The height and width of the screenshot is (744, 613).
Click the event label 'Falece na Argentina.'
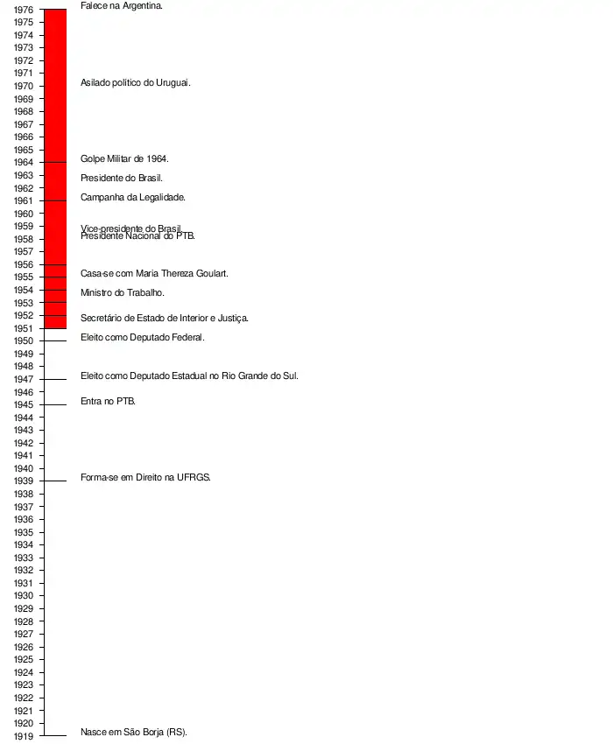point(121,5)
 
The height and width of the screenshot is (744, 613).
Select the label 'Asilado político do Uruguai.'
point(135,82)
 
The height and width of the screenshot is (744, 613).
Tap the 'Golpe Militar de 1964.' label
point(124,158)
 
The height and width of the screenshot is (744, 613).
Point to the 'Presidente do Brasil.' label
point(122,178)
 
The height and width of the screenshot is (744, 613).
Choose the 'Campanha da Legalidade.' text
point(133,197)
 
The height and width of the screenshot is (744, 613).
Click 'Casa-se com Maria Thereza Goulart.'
point(154,273)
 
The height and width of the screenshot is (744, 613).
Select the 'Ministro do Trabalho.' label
point(123,292)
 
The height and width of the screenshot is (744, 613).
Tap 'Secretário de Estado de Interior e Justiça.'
point(165,318)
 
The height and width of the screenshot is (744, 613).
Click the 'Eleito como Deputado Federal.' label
point(143,337)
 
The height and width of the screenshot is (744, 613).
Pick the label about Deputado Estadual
point(189,376)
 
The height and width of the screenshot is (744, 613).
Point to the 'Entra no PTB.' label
point(108,401)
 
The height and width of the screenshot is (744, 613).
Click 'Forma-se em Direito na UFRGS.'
point(145,477)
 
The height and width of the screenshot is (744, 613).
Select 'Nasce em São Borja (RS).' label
point(134,732)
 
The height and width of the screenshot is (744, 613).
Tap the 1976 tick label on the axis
point(24,10)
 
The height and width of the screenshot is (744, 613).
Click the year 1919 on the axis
point(24,736)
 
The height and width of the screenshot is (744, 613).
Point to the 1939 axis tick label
point(24,481)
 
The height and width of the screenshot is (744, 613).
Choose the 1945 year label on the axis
point(24,404)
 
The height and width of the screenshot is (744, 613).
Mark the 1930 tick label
point(24,596)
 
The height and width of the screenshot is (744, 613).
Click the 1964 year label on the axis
point(24,163)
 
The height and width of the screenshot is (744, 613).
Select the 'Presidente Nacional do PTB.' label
point(138,236)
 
